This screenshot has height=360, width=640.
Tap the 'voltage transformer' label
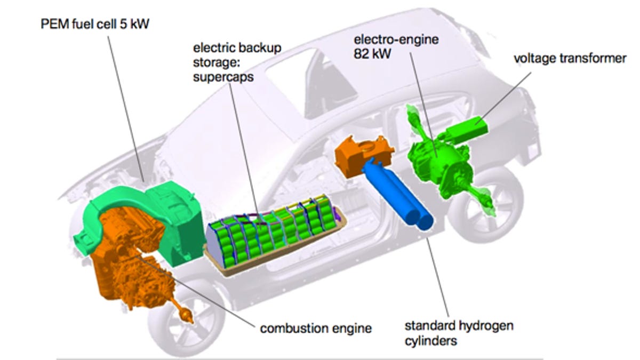pyautogui.click(x=570, y=58)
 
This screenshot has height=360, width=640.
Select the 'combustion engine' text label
pyautogui.click(x=315, y=327)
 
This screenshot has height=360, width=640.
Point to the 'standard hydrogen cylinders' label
pyautogui.click(x=459, y=332)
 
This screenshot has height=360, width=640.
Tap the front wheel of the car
pyautogui.click(x=176, y=325)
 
